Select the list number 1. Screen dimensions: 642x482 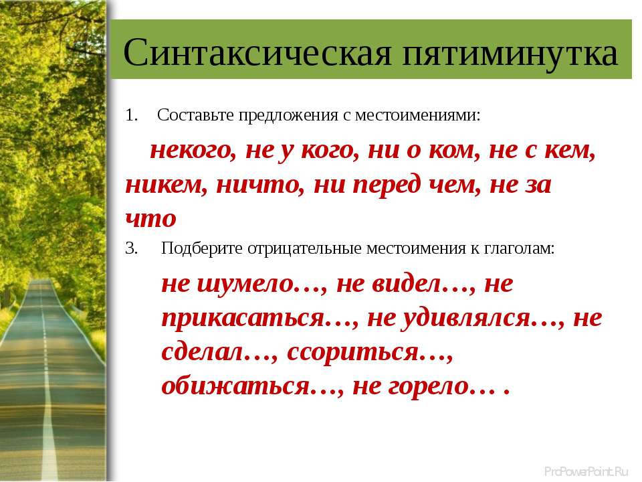coord(131,115)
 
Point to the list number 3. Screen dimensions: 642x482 coord(131,248)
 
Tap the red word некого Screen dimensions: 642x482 coord(193,150)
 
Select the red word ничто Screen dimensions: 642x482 coord(260,185)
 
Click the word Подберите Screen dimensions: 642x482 coord(202,248)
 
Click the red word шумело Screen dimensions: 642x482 coord(245,284)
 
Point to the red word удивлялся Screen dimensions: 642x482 coord(465,317)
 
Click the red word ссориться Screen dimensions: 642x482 coord(352,351)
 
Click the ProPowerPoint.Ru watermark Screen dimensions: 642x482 coord(586,471)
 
